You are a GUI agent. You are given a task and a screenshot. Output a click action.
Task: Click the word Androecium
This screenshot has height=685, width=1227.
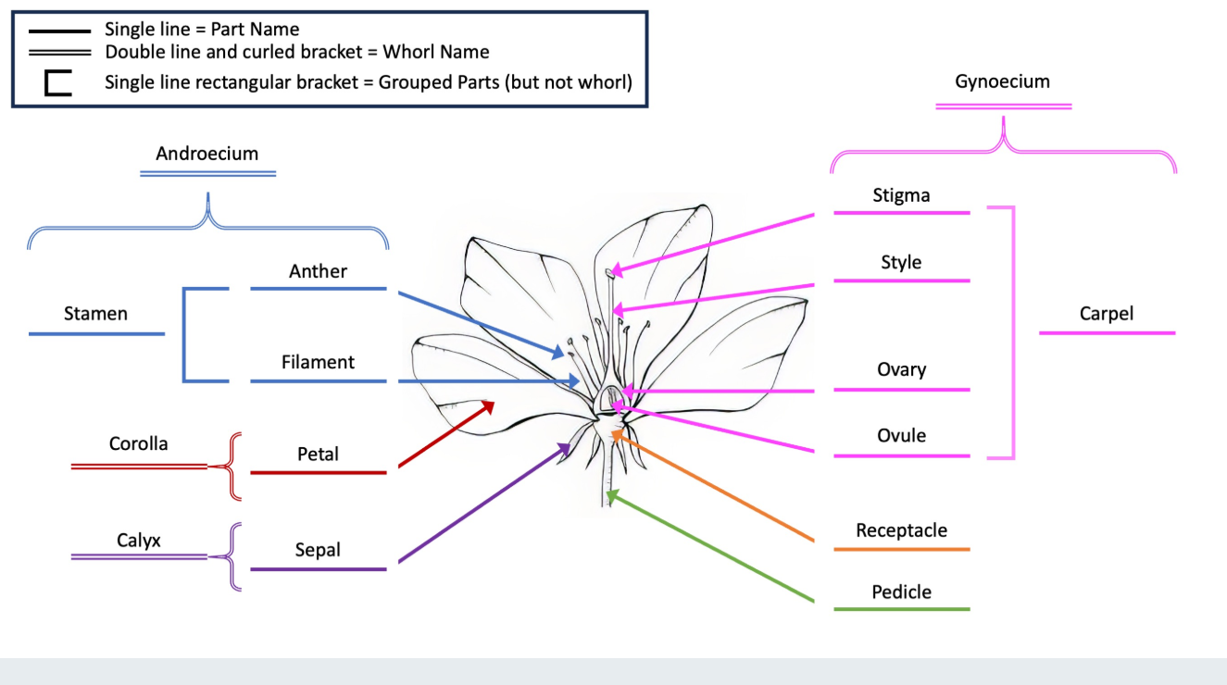(207, 154)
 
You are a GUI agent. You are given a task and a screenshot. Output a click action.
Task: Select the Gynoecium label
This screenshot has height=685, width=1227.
(1002, 81)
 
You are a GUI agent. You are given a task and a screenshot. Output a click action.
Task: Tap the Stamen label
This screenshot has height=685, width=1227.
(95, 314)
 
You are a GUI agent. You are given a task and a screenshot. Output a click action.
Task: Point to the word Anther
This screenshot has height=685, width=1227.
(318, 271)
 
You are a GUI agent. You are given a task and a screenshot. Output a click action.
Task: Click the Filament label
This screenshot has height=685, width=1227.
(318, 362)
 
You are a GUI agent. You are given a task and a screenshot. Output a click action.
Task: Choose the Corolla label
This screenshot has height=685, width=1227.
(138, 443)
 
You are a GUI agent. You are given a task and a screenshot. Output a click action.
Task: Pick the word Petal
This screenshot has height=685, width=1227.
(318, 455)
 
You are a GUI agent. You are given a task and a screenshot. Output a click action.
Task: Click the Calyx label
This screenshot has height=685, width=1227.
(138, 540)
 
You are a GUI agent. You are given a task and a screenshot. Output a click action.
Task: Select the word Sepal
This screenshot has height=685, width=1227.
(318, 550)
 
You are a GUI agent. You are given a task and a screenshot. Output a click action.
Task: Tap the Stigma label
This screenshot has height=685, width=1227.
(901, 195)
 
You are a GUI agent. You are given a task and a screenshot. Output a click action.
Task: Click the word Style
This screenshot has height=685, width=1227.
(901, 262)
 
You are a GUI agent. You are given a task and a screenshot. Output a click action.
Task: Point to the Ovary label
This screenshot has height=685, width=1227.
(901, 369)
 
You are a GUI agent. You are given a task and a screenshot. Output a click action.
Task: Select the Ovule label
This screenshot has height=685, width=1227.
(901, 435)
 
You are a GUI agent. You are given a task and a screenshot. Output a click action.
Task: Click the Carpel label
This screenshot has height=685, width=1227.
(1106, 314)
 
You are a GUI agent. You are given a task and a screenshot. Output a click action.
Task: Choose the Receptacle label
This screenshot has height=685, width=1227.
(901, 530)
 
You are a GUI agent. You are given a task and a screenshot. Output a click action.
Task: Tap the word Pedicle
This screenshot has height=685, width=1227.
(901, 592)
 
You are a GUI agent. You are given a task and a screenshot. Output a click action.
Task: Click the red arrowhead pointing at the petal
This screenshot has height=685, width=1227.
(487, 405)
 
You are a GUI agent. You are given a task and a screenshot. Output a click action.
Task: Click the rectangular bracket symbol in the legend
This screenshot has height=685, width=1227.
(57, 83)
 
